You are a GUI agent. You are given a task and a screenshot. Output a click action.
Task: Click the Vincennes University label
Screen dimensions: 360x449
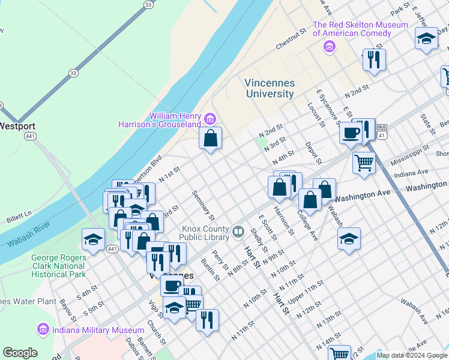pyautogui.click(x=270, y=88)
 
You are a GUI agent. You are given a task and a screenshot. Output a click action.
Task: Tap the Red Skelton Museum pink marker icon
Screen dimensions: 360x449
pyautogui.click(x=328, y=47)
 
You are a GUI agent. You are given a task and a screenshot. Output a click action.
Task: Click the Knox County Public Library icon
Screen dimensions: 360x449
pyautogui.click(x=238, y=231)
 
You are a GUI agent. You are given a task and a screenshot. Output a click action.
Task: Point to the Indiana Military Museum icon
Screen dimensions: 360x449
pyautogui.click(x=42, y=329)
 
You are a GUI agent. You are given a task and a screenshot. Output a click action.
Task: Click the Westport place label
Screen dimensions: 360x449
pyautogui.click(x=17, y=127)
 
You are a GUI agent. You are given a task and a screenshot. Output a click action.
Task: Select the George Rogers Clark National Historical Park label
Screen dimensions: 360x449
pyautogui.click(x=58, y=266)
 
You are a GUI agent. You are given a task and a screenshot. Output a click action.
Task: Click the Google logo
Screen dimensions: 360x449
pyautogui.click(x=20, y=353)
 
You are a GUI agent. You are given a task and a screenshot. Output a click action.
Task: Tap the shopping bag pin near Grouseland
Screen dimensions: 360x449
pyautogui.click(x=211, y=139)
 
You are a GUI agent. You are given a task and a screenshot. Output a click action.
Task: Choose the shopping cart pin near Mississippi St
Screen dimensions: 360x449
pyautogui.click(x=364, y=162)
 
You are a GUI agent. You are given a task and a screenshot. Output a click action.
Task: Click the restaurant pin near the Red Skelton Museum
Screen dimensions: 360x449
pyautogui.click(x=373, y=59)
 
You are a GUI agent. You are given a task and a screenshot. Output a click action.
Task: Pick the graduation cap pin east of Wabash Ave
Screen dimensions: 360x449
pyautogui.click(x=349, y=238)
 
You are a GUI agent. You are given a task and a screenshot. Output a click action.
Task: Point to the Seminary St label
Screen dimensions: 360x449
pyautogui.click(x=203, y=204)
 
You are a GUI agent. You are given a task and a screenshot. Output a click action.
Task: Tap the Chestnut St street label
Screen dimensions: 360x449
pyautogui.click(x=291, y=39)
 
